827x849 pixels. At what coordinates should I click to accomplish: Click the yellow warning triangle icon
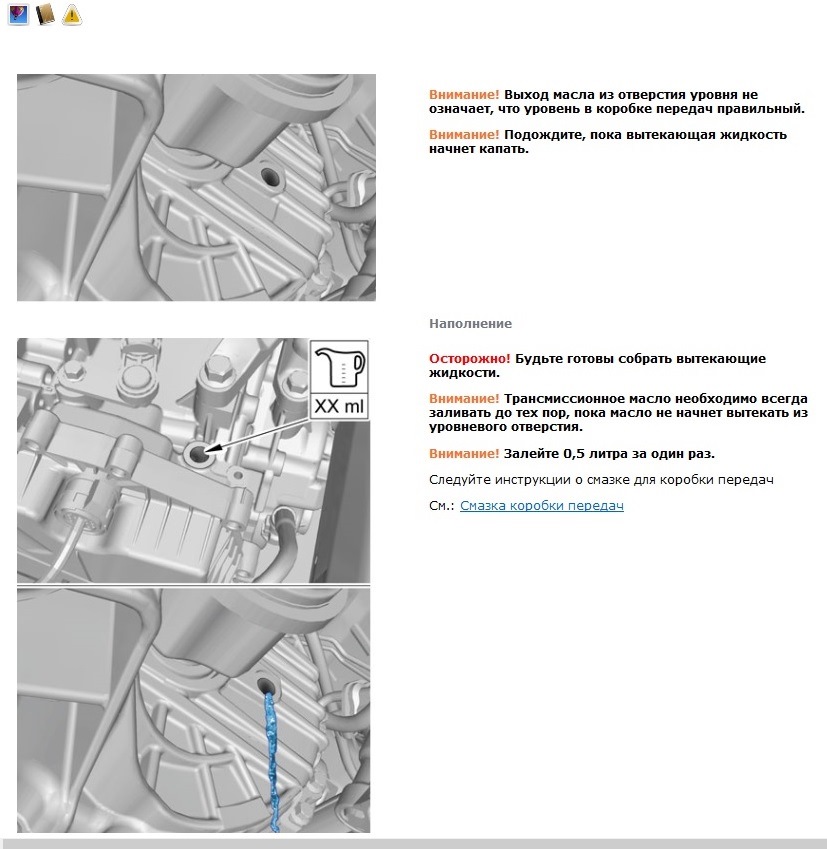72,14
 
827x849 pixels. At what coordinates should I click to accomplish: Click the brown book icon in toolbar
45,14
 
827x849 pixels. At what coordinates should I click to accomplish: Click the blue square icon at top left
18,14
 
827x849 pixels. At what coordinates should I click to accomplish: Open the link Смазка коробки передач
541,506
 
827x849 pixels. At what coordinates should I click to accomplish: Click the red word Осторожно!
469,358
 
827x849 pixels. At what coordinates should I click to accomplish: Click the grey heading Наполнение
470,324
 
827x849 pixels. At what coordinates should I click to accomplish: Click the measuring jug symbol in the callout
340,368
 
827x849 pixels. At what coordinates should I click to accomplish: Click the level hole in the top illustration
271,176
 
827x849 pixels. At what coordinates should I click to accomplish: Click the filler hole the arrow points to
197,455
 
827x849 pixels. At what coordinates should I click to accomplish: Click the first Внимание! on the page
464,94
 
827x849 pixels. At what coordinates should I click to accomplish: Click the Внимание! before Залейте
464,453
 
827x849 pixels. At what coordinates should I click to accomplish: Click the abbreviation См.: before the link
442,506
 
